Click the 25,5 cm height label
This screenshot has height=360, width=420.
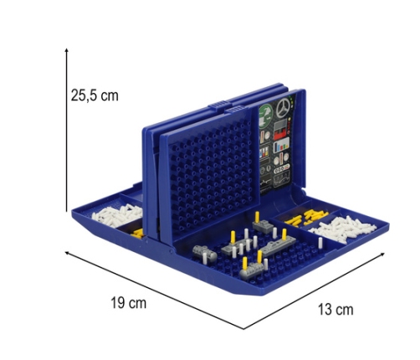point(95,95)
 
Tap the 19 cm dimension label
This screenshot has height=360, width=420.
point(128,303)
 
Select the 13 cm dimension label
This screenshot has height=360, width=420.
point(335,310)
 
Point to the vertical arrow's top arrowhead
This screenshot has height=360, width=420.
point(66,50)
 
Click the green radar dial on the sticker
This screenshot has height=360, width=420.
point(265,112)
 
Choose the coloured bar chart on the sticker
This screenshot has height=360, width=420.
point(281,147)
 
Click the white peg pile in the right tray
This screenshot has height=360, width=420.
point(343,229)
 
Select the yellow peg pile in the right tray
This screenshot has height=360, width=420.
point(306,218)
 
